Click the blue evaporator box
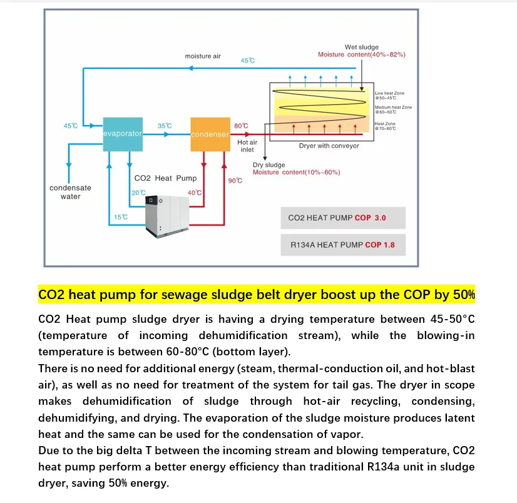click(x=123, y=133)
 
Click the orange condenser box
click(x=210, y=134)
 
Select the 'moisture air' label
click(x=203, y=56)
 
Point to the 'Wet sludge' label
click(x=361, y=47)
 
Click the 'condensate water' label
click(x=70, y=192)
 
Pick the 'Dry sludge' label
click(x=269, y=165)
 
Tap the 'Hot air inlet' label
click(x=247, y=146)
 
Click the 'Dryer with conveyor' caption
click(x=329, y=146)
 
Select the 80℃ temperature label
click(x=240, y=126)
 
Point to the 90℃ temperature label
click(x=235, y=181)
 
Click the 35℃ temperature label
click(x=165, y=126)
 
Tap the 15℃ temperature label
click(x=120, y=217)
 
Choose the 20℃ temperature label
click(x=138, y=193)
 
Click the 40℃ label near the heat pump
click(x=195, y=193)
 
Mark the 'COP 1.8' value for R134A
click(x=380, y=245)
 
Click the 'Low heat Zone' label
click(x=389, y=93)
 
